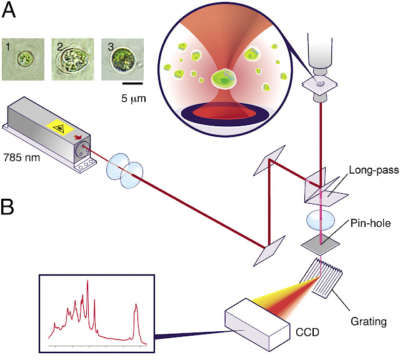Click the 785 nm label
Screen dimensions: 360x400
click(x=21, y=156)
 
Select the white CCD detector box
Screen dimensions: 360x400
click(x=257, y=326)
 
